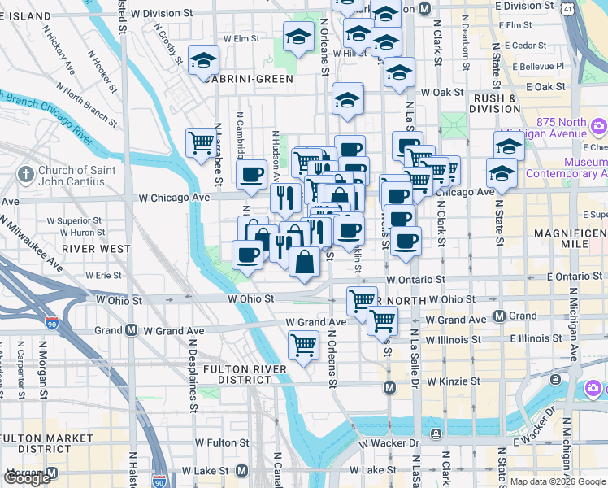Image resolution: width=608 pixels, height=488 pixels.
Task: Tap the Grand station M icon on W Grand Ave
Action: click(130, 330)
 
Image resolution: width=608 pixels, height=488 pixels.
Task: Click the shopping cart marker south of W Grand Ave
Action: click(304, 346)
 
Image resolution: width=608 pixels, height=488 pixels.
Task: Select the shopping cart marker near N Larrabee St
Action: click(201, 143)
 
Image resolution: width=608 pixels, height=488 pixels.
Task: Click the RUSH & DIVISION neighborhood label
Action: click(496, 103)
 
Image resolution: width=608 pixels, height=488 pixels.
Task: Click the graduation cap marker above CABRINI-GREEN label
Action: click(203, 60)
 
